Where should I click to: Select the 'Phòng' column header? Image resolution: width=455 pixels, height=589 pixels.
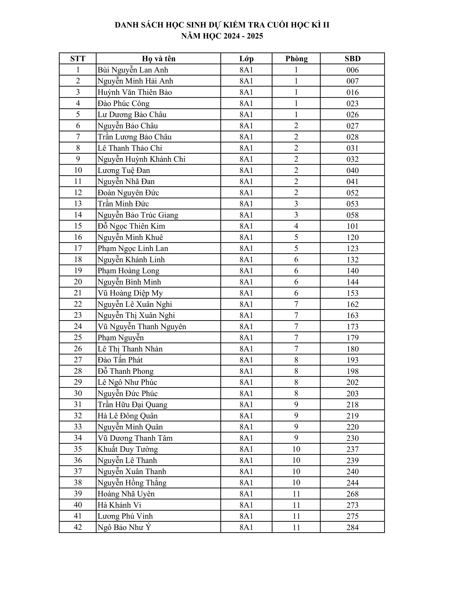pos(296,59)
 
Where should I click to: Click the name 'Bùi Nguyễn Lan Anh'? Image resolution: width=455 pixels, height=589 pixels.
pos(133,70)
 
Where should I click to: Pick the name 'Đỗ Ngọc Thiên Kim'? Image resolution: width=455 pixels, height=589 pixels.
pos(131,226)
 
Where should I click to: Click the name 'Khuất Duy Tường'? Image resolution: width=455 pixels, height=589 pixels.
pos(128,449)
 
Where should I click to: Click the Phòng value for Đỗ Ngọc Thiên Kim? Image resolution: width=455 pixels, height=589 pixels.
pos(296,226)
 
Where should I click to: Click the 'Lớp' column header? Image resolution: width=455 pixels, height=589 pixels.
pos(246,59)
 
